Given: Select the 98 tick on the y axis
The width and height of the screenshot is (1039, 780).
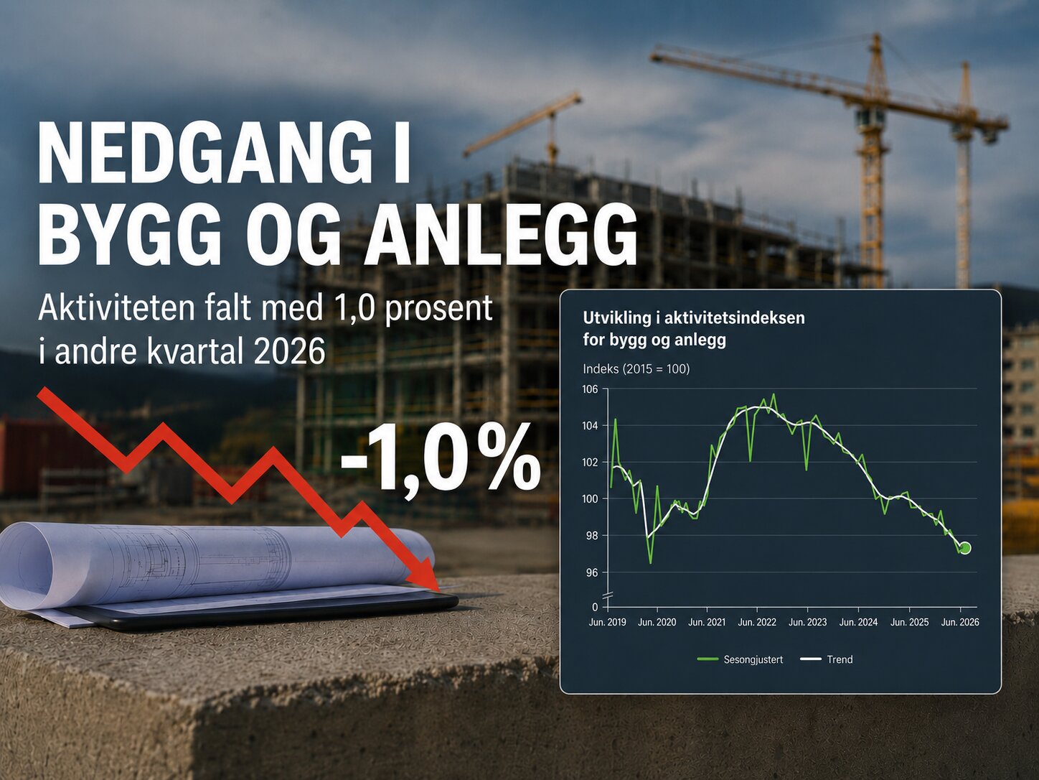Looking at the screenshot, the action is tap(592, 536).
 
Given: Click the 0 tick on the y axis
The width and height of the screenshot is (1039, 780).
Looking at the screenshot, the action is tap(595, 607).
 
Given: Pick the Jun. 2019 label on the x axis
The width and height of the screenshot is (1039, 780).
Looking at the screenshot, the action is tap(607, 622).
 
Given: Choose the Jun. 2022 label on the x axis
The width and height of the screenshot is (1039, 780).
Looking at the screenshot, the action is tap(757, 622).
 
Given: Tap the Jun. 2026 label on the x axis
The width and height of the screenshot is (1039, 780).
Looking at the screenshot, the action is tap(960, 622).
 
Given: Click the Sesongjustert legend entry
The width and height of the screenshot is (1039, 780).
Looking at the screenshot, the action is tap(740, 659).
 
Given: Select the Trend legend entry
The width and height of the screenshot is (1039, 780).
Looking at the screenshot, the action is tap(826, 659).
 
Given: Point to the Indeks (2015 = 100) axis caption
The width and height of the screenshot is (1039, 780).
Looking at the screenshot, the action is tap(636, 368).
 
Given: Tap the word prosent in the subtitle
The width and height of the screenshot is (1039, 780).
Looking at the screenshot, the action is tap(439, 308).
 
